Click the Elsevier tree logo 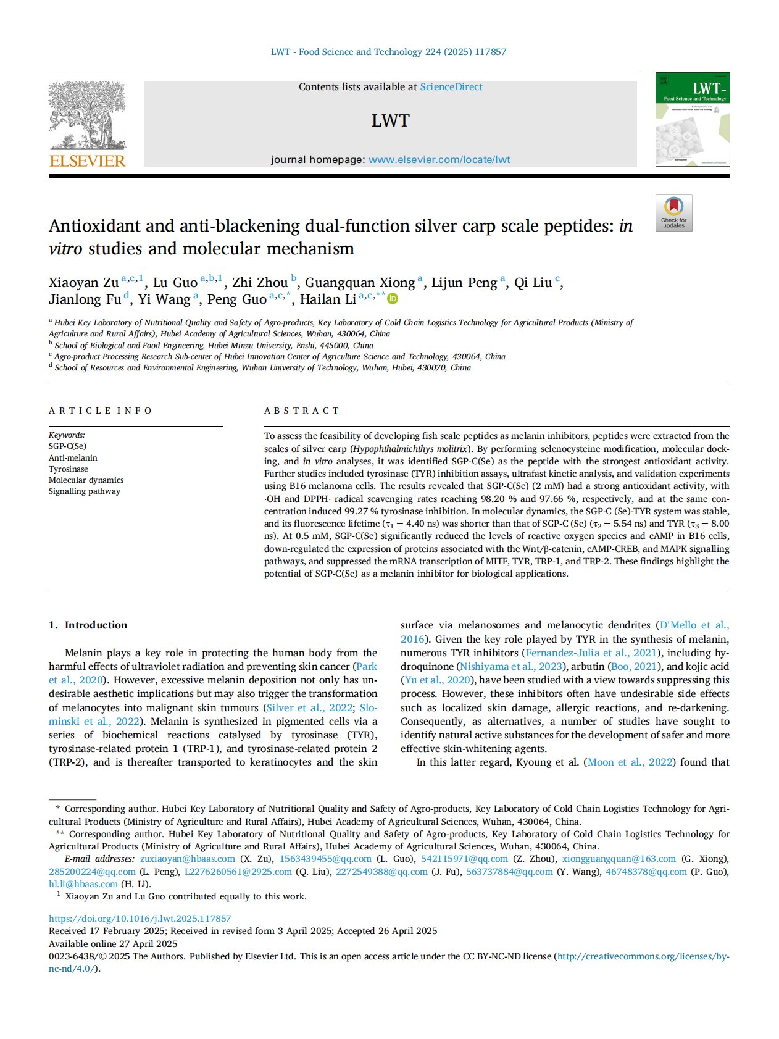click(87, 116)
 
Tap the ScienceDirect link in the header click(451, 87)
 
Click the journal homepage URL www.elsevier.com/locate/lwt click(439, 160)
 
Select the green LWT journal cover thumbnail click(692, 119)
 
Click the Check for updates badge click(673, 213)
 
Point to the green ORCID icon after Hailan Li click(393, 299)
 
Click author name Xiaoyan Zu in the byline click(83, 283)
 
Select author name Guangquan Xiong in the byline click(359, 283)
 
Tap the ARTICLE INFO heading click(100, 411)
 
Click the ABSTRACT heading click(302, 411)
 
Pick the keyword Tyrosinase click(69, 469)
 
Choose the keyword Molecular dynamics click(86, 480)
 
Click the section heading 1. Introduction click(88, 625)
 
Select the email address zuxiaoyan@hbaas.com click(188, 859)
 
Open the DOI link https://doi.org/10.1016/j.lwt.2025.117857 click(140, 919)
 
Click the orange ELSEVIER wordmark click(87, 161)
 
